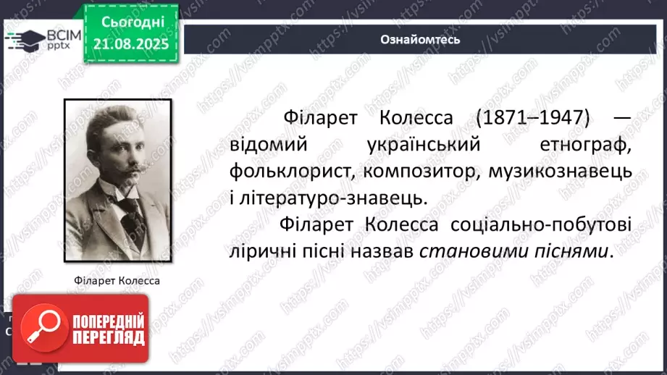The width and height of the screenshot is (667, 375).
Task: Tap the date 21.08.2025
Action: click(131, 43)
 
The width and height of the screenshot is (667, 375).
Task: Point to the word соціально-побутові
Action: click(540, 224)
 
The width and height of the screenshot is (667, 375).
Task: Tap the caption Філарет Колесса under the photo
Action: click(116, 280)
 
